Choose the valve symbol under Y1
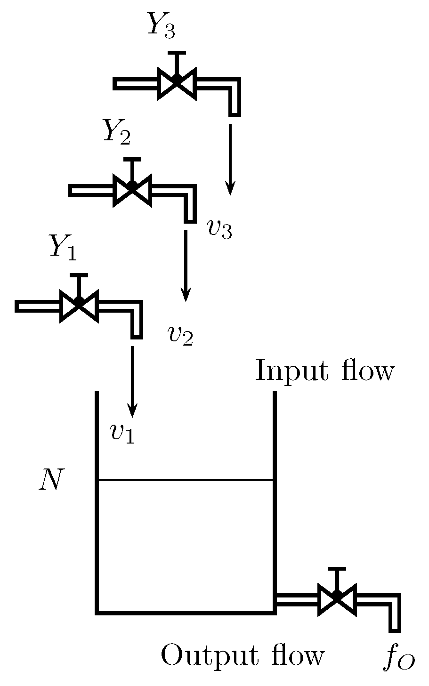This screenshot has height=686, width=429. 79,306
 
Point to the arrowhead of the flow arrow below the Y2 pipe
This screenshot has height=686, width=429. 186,296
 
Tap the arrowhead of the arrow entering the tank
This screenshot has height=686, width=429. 133,412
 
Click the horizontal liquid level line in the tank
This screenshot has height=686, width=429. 186,480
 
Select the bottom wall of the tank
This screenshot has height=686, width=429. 186,612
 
